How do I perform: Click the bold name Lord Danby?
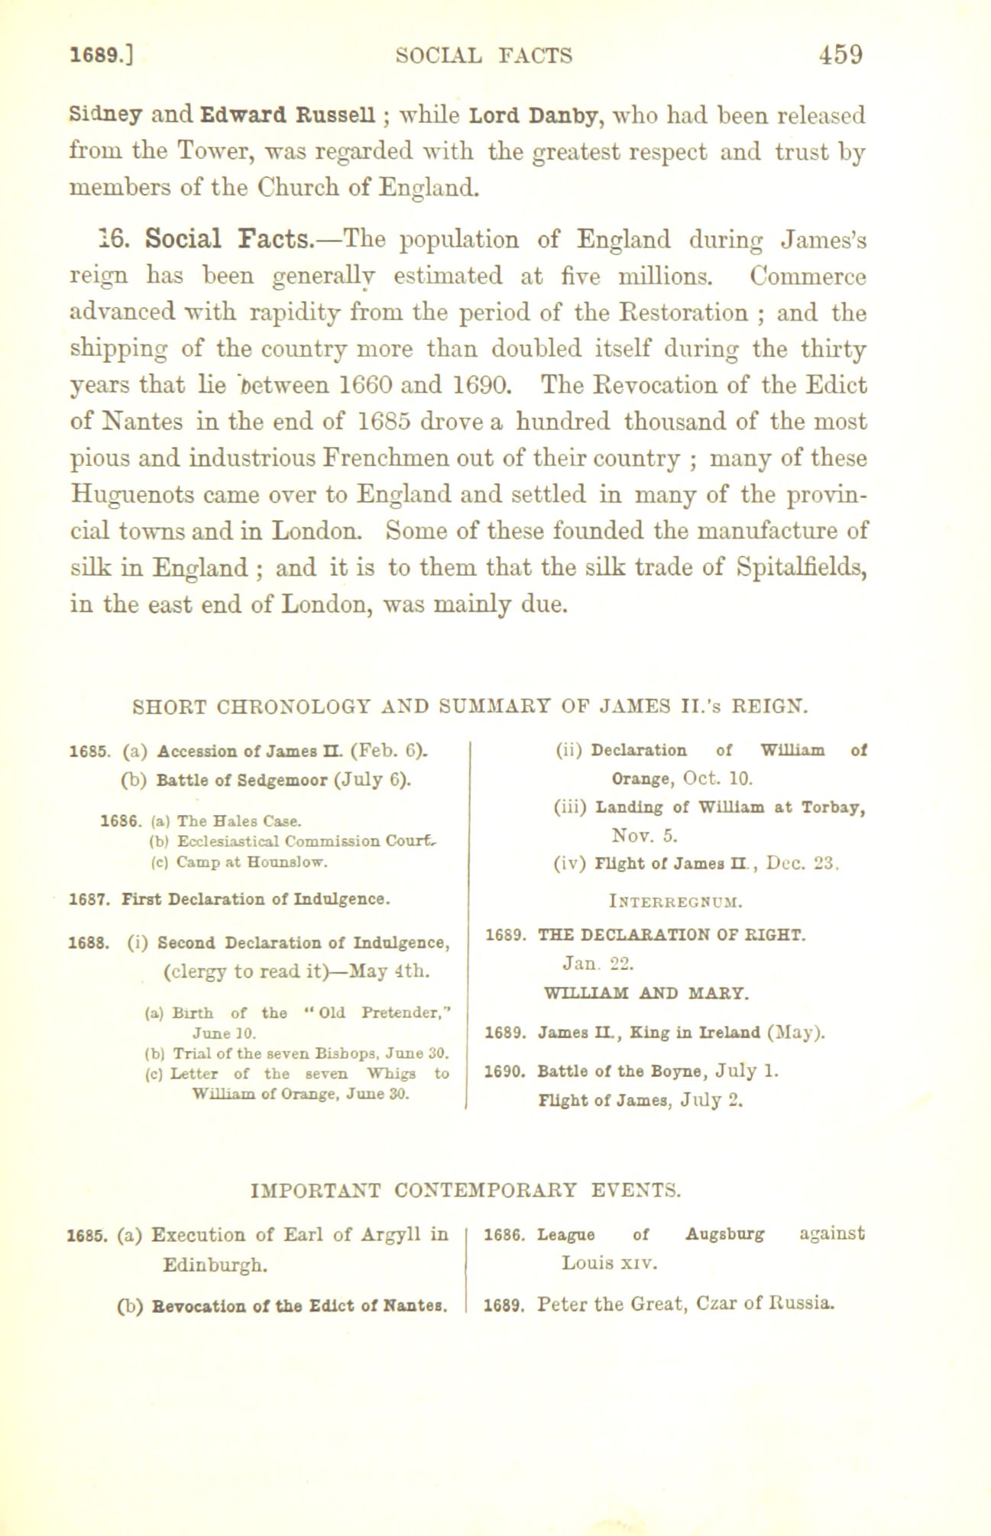coord(528,117)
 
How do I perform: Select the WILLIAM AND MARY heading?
coord(645,994)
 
